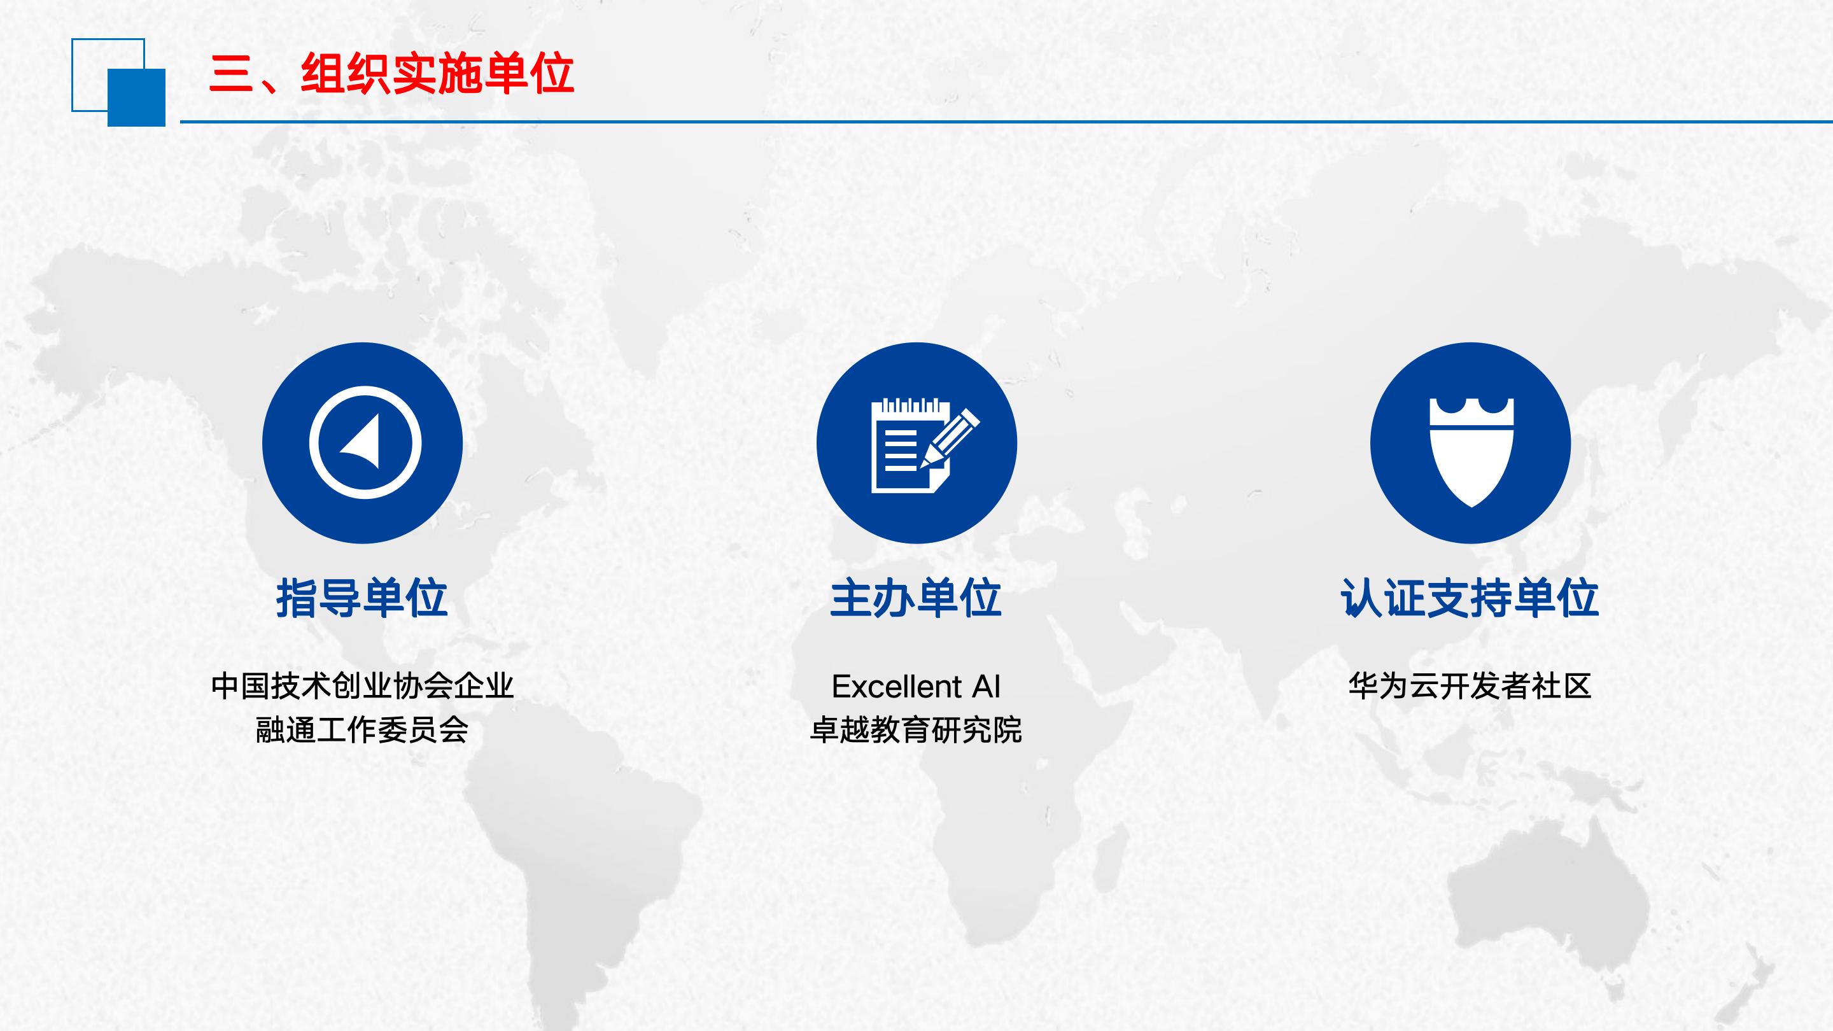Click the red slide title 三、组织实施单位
pos(391,73)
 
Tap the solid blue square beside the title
pos(137,97)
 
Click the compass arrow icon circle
pos(362,442)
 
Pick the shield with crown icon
pos(1471,452)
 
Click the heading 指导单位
pos(362,598)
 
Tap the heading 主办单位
pos(916,598)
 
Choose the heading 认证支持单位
pos(1470,598)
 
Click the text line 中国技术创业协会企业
pos(362,686)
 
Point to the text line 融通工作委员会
pos(362,730)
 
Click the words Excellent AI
pos(916,687)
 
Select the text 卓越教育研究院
pos(916,730)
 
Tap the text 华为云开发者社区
pos(1470,686)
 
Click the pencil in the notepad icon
pos(951,438)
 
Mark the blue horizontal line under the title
pos(1006,122)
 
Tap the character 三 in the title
pos(231,74)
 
